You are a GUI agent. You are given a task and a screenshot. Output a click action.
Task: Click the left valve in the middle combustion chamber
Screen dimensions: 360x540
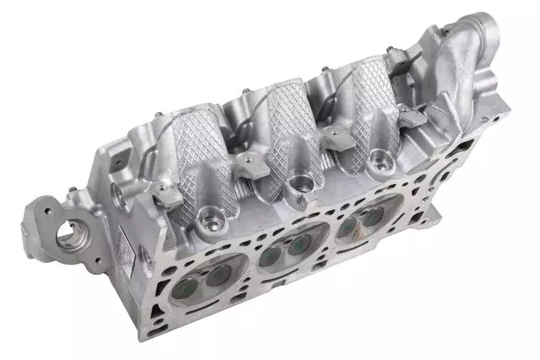pos(272,254)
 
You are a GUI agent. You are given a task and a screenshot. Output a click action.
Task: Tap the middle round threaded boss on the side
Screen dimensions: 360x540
pos(297,181)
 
